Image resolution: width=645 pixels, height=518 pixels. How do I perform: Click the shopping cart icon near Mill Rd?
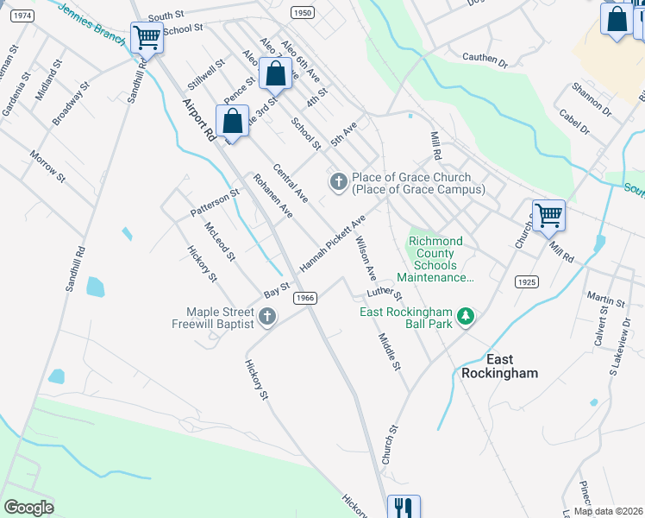(x=548, y=216)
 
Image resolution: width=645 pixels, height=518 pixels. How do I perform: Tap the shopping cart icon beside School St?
(x=147, y=38)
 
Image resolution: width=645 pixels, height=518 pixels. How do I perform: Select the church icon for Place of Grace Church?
(x=338, y=181)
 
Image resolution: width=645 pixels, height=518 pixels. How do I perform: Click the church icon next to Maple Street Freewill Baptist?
(x=266, y=317)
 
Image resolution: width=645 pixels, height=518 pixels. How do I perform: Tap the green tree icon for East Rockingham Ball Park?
(x=466, y=317)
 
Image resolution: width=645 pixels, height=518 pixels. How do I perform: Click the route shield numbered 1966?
(x=304, y=297)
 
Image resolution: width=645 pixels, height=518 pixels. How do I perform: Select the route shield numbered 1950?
(x=302, y=12)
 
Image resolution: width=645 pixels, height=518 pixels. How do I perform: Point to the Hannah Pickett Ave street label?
(x=333, y=242)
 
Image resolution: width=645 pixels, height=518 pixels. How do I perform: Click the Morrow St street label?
(x=47, y=167)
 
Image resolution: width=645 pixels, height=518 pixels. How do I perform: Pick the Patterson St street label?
(x=215, y=204)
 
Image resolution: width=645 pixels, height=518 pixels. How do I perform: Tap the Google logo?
(x=28, y=507)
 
